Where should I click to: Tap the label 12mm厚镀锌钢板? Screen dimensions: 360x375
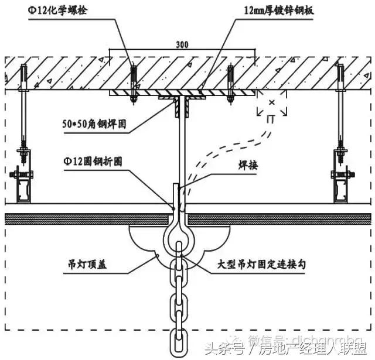279,9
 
